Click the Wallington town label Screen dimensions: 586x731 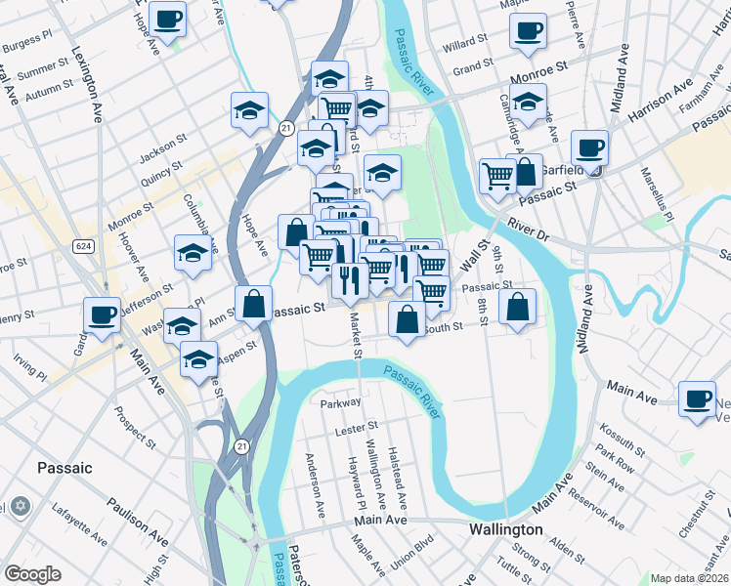tap(504, 529)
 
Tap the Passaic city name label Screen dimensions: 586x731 tap(64, 468)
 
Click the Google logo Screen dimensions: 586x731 tap(32, 574)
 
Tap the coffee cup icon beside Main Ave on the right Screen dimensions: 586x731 tap(698, 398)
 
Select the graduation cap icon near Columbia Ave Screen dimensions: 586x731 tap(193, 253)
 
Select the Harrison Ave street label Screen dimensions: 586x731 tap(659, 106)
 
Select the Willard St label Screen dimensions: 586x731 tap(464, 45)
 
